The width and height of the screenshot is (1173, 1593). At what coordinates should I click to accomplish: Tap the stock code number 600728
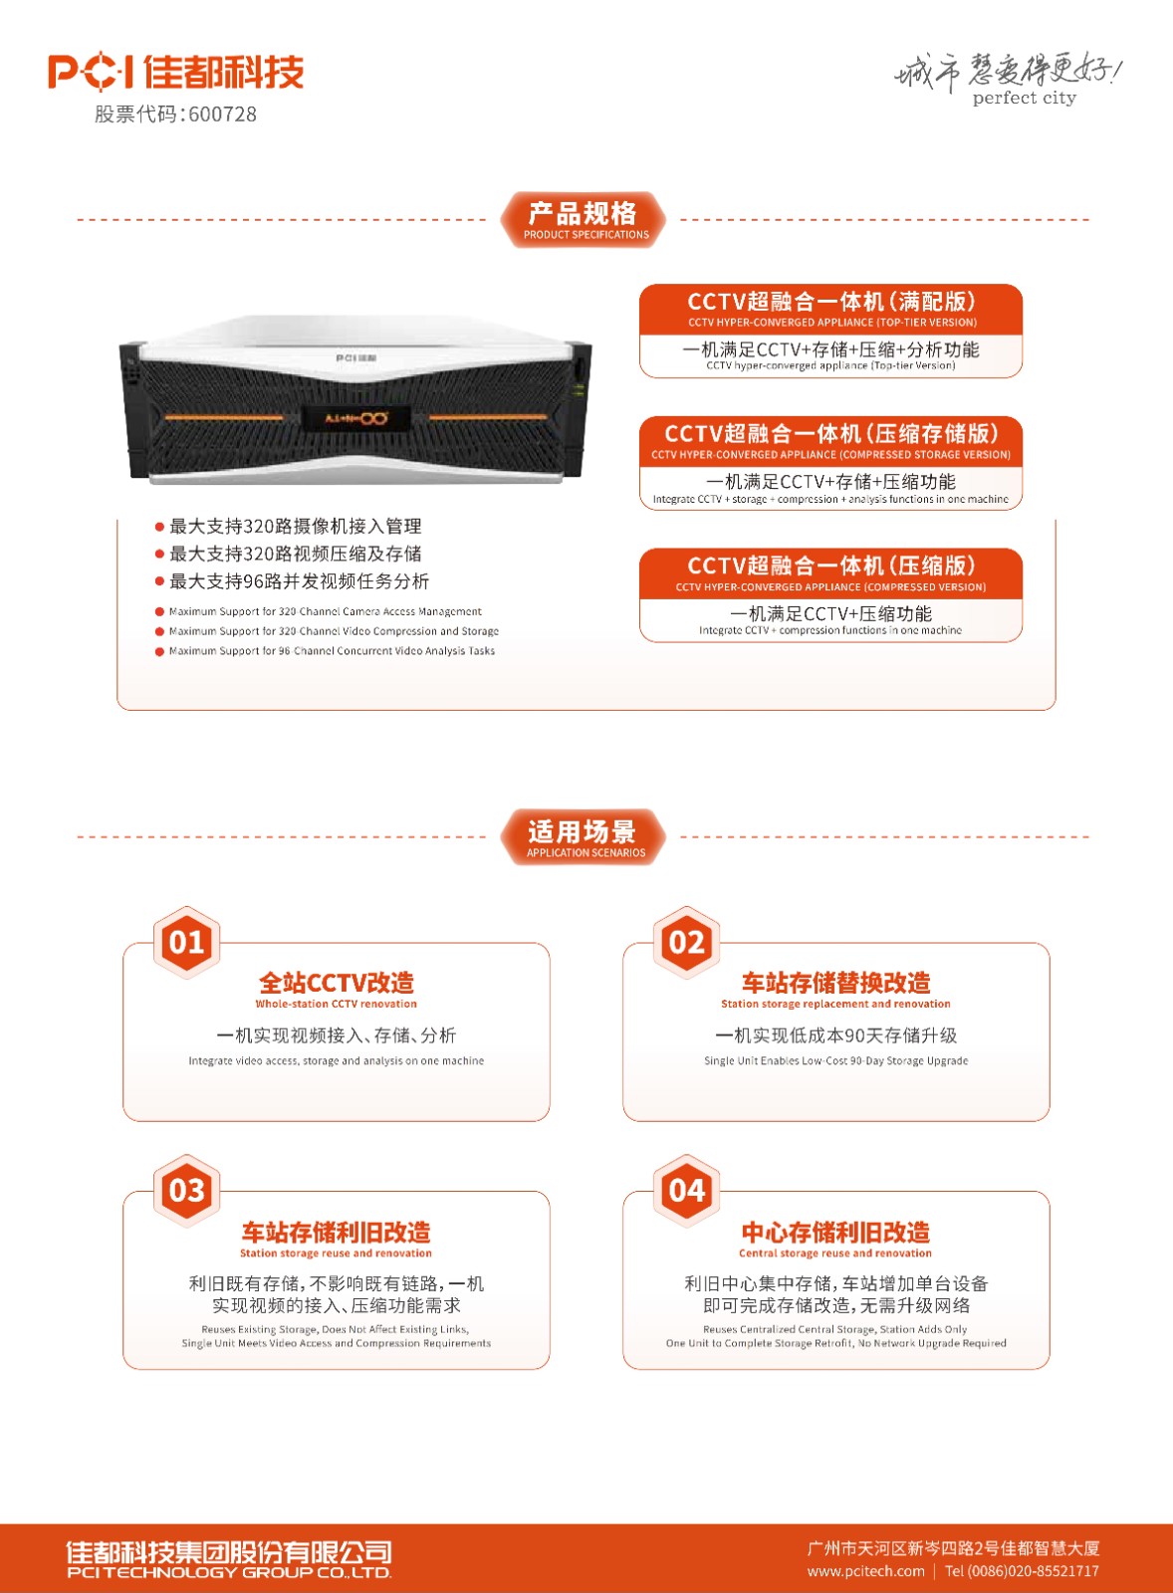[223, 114]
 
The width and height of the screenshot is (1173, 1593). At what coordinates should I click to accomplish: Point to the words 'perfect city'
[1025, 99]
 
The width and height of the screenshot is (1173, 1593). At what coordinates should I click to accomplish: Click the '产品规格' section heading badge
[584, 220]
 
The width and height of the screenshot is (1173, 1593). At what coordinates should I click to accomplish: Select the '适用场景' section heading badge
[584, 837]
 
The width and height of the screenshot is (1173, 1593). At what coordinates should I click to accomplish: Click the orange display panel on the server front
[356, 418]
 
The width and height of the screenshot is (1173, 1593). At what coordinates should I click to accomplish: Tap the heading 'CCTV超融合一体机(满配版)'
[830, 302]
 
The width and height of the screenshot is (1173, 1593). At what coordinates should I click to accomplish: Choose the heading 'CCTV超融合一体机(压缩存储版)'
[830, 433]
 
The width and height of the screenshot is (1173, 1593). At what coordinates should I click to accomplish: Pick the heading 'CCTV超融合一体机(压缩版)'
[830, 566]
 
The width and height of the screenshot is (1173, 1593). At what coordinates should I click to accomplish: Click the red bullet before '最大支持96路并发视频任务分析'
[160, 581]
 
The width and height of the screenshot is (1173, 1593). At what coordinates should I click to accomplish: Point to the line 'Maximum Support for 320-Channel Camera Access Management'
[325, 611]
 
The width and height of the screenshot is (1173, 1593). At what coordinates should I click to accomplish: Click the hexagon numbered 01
[186, 942]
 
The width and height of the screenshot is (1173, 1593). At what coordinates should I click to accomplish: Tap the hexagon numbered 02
[686, 942]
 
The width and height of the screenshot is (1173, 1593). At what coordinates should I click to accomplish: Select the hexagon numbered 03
[186, 1191]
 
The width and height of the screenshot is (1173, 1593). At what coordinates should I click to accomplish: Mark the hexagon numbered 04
[686, 1191]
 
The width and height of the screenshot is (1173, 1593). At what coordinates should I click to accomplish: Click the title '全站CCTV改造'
[337, 983]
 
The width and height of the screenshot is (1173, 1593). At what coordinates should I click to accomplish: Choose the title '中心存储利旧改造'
[835, 1232]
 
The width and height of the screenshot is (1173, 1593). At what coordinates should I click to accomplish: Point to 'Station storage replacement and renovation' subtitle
[835, 1005]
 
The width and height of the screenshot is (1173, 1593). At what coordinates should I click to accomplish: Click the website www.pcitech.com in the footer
[865, 1571]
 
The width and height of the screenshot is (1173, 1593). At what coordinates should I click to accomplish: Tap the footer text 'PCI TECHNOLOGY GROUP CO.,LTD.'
[229, 1572]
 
